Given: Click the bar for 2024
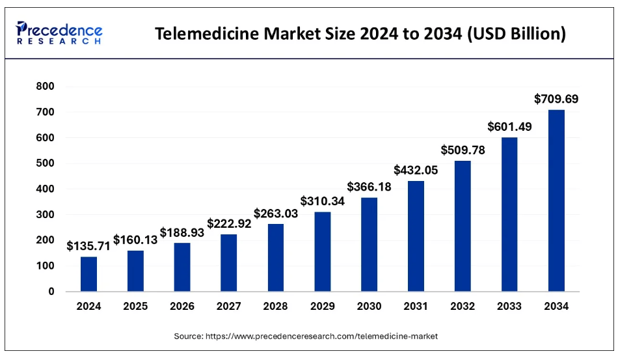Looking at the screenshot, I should coord(88,274).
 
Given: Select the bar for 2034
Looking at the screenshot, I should coord(556,201).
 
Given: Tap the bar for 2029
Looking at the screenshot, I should coord(323,251).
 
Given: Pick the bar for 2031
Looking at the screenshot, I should coord(416,236).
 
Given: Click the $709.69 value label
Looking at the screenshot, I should coord(556,100).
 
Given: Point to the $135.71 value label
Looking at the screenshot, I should coord(88,246).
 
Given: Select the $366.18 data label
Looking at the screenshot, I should coord(369,186).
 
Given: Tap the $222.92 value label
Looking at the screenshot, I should coord(229,223).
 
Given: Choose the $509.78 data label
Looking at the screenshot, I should coord(463,150).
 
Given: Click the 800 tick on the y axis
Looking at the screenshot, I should coord(46,87).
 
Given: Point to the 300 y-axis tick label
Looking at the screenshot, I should coord(46,215).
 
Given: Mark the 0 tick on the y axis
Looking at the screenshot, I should coord(51,292).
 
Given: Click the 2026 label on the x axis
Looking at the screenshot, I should coord(182,307).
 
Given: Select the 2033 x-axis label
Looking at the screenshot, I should coord(509,307).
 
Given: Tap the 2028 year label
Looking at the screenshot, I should coord(276,307).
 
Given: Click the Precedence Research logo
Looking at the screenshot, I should coord(59,33).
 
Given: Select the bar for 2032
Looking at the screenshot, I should coord(463,226).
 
